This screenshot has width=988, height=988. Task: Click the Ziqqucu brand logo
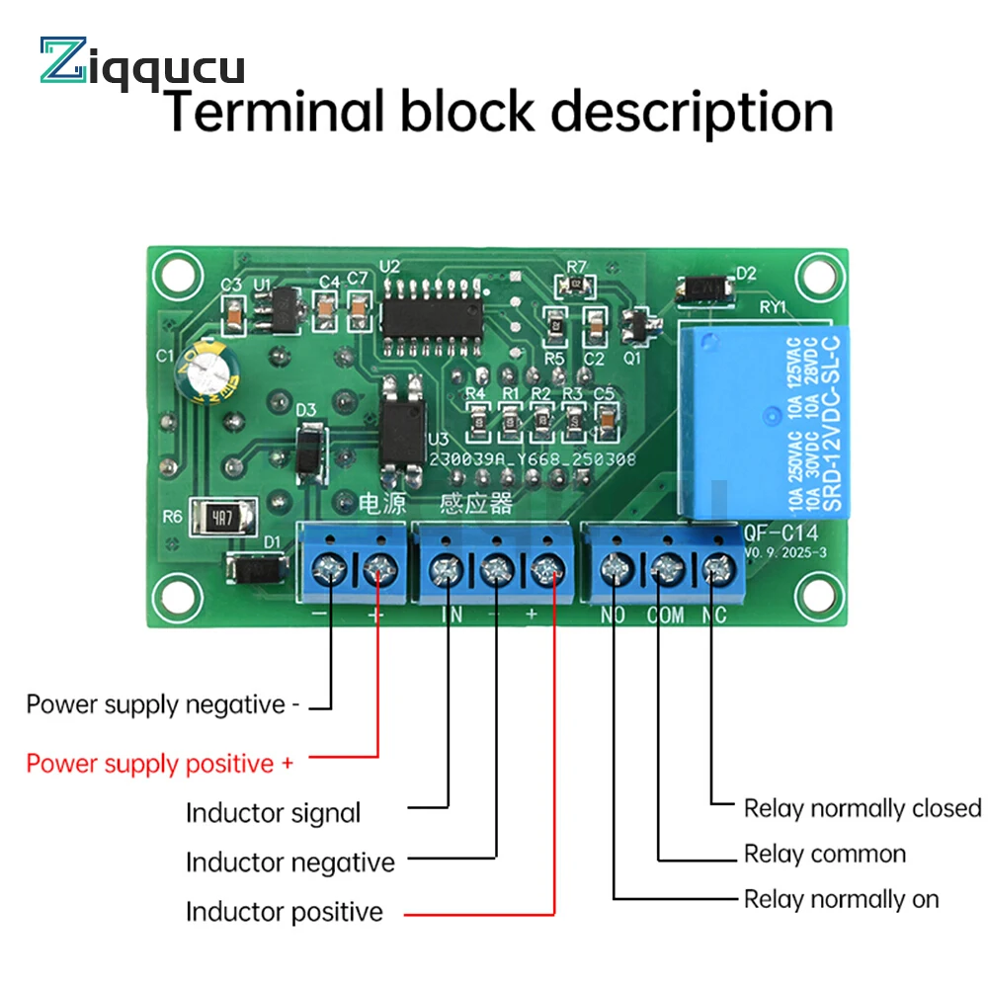(141, 61)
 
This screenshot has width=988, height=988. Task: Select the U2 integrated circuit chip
(432, 308)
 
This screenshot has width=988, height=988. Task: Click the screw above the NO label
(617, 568)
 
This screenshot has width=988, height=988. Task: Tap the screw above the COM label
(667, 568)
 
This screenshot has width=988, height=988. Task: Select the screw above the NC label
(718, 568)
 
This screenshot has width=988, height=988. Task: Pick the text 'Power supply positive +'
(159, 764)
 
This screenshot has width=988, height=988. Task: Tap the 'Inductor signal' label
(274, 813)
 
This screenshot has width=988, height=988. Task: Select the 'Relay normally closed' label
(862, 808)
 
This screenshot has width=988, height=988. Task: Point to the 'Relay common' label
(825, 854)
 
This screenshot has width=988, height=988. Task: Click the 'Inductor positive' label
(285, 911)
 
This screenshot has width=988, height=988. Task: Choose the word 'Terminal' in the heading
(272, 111)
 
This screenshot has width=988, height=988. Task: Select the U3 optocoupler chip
(403, 420)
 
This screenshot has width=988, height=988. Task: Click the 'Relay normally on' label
(841, 899)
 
